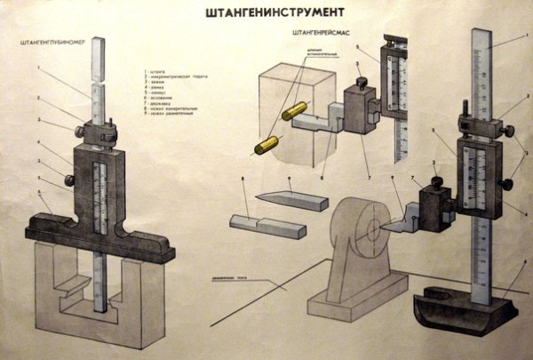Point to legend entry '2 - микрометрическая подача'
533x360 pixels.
pos(174,76)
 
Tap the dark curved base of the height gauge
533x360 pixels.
pos(462,311)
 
